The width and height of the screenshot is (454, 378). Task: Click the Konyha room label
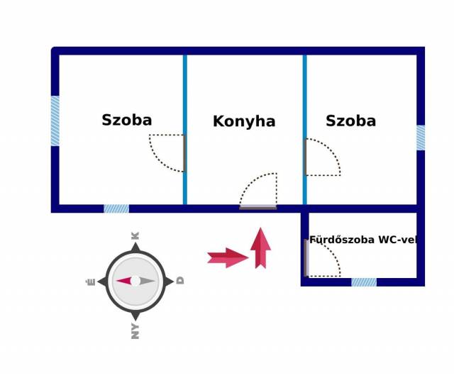[244, 121]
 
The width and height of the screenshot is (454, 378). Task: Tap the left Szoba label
[126, 120]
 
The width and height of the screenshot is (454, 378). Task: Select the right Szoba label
[350, 121]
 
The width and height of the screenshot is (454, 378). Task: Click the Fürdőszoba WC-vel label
[362, 240]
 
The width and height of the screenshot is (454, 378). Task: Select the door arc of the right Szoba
[321, 157]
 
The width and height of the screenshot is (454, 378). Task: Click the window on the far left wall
[55, 121]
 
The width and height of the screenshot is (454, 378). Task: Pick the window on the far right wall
[421, 138]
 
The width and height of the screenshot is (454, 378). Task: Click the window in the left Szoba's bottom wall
[116, 209]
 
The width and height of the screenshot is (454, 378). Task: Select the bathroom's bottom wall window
[364, 282]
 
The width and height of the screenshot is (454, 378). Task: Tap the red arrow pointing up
[260, 248]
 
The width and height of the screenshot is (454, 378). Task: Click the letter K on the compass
[135, 235]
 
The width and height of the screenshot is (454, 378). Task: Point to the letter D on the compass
[180, 281]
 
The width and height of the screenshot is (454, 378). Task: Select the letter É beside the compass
[90, 282]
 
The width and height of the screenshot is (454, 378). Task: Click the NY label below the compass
[135, 330]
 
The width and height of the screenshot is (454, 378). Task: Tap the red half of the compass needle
[124, 281]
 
